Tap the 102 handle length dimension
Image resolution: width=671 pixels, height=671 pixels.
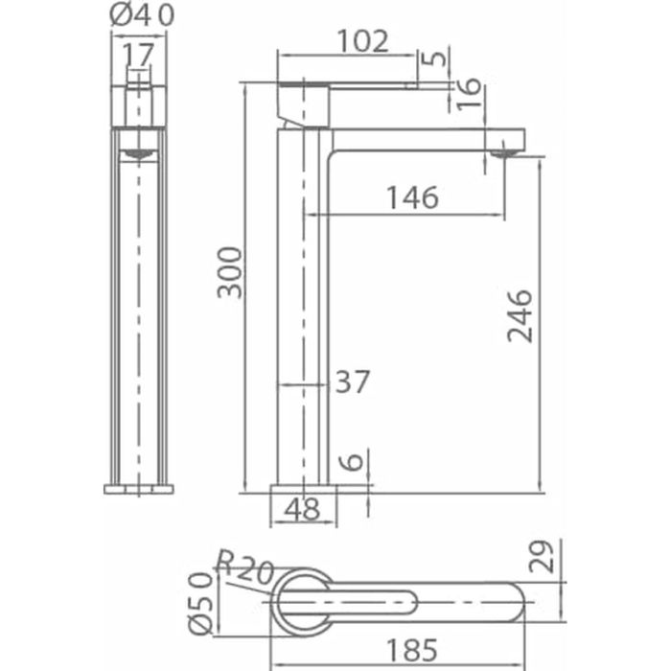[363, 41]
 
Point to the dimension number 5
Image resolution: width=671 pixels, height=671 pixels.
[437, 58]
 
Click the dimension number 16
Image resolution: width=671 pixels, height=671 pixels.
[468, 91]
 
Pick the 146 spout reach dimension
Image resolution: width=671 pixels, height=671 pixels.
[412, 197]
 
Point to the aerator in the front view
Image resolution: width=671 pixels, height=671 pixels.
[139, 152]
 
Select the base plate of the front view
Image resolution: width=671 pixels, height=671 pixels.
[139, 489]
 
